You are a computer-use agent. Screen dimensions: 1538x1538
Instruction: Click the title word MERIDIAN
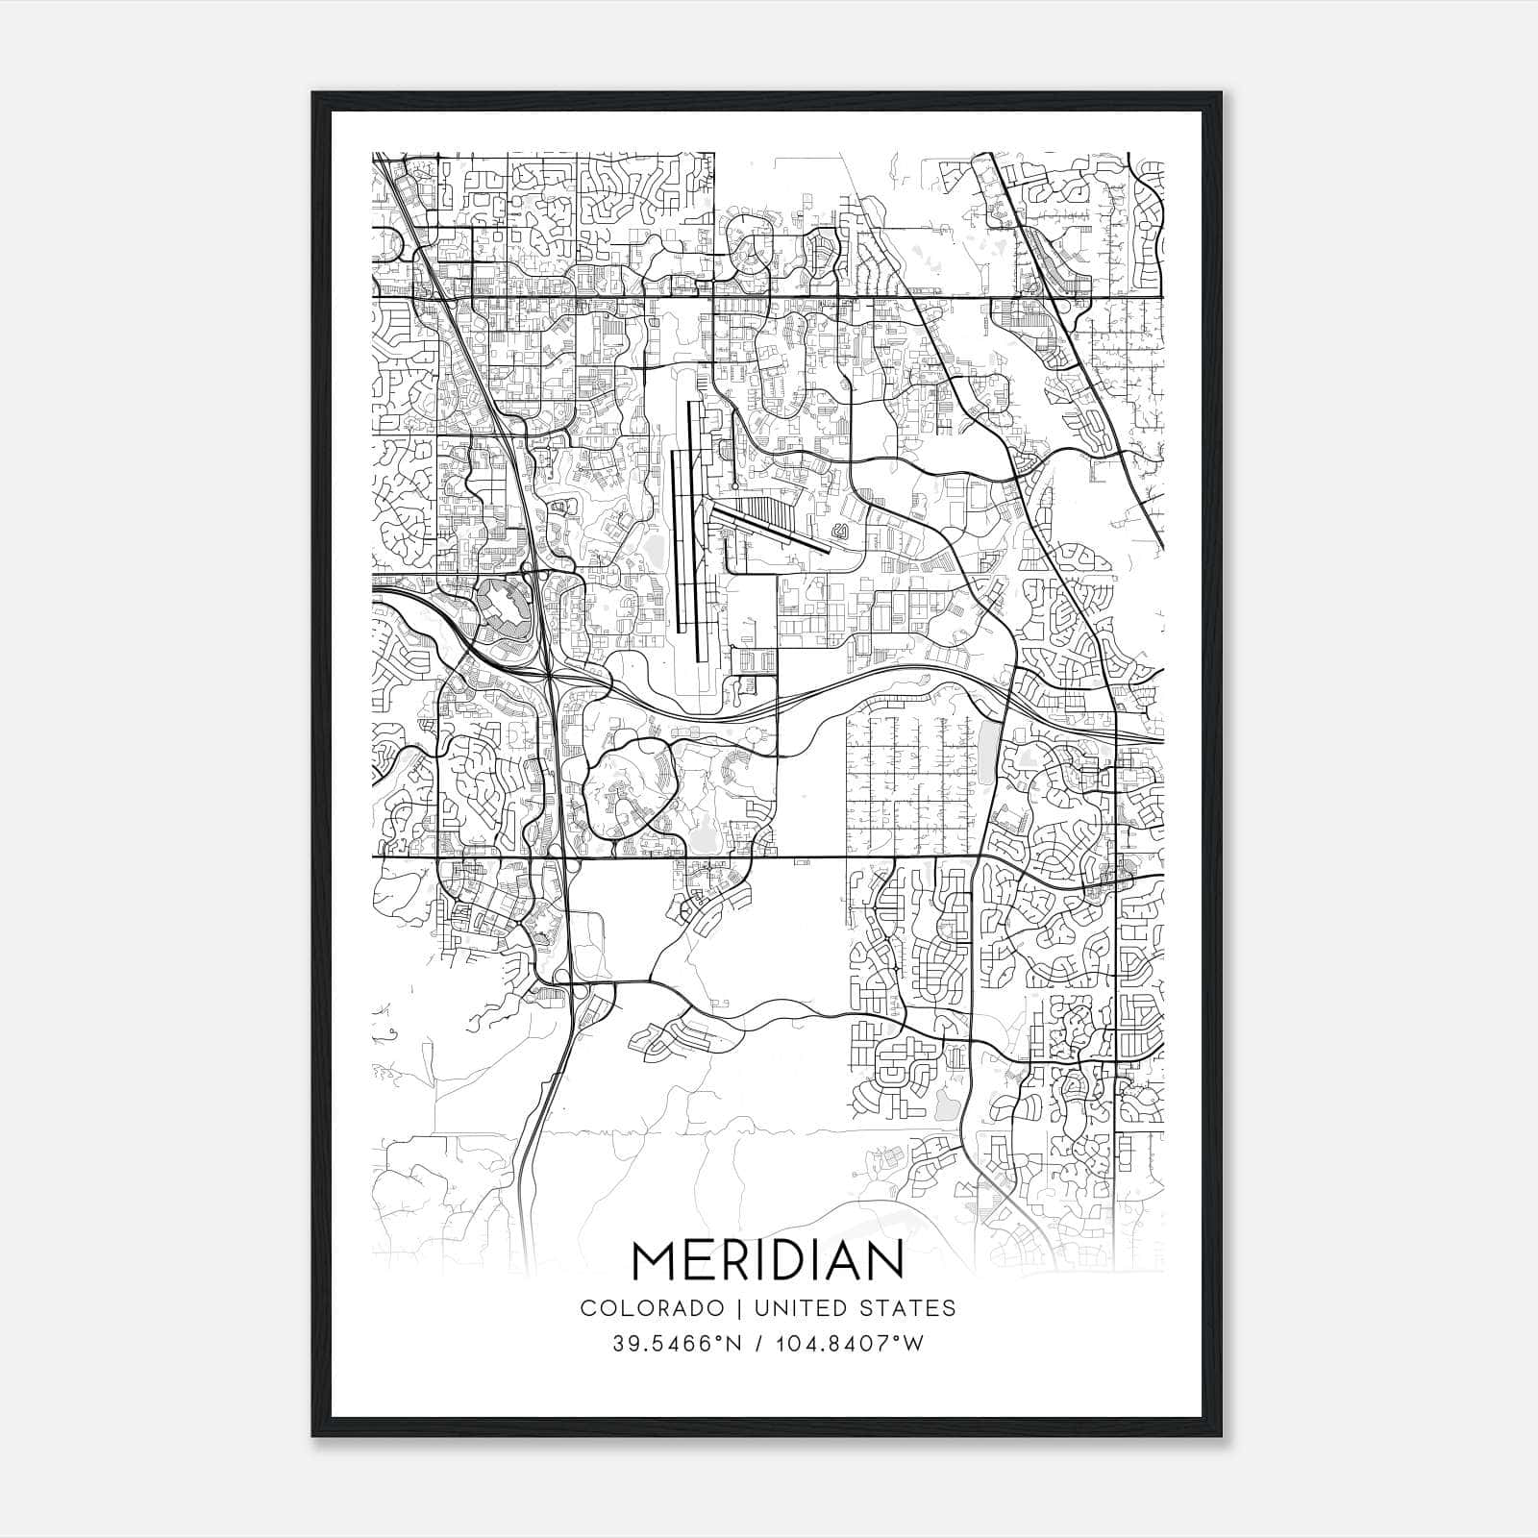[x=767, y=1261]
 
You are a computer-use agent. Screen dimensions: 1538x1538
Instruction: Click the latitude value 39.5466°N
[x=681, y=1343]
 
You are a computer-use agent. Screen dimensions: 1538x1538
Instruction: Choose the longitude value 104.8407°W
[x=849, y=1343]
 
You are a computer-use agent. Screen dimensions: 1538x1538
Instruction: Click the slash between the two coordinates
[x=761, y=1343]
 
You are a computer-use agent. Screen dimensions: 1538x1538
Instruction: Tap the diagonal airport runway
[x=769, y=526]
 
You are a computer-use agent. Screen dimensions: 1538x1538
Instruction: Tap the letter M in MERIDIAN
[x=654, y=1261]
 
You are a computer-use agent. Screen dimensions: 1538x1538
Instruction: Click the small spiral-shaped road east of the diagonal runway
[x=842, y=530]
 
